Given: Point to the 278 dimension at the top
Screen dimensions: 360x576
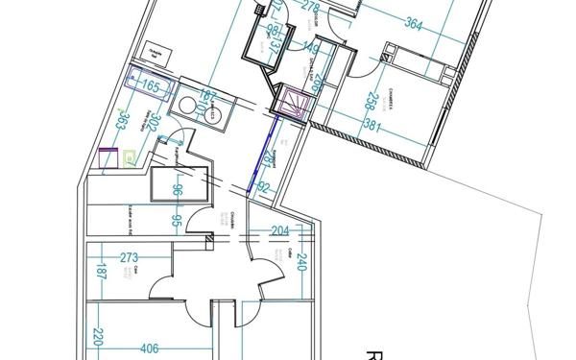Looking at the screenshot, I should point(309,9).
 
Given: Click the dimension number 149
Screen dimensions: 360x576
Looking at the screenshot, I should point(310,47).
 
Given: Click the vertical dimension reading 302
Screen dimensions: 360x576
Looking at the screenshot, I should point(149,118).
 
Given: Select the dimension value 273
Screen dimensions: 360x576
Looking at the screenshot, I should point(131,256).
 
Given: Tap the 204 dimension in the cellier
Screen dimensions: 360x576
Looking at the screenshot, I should point(279,230).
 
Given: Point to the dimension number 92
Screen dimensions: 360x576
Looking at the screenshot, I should point(265,188).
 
